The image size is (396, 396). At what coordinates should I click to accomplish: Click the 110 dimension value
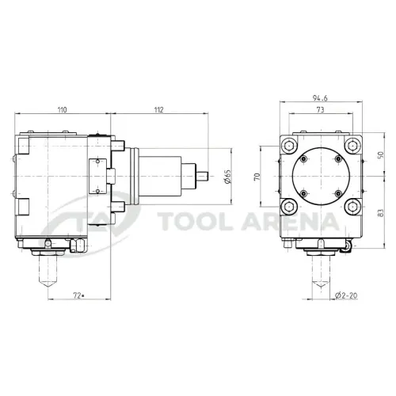point(63,109)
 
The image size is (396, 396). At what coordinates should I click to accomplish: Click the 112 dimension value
point(159,109)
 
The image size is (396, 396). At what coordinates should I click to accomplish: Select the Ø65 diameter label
point(228,177)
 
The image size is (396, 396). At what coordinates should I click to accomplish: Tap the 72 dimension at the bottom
point(78,296)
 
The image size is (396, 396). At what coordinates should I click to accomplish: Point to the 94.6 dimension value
point(320,98)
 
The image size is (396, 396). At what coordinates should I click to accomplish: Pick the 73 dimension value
point(320,109)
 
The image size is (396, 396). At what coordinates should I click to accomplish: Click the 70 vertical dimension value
point(257,177)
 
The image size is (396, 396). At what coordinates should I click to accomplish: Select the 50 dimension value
point(380,155)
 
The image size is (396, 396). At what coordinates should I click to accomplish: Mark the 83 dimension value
point(380,213)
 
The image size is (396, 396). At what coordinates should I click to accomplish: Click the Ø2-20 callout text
point(346,295)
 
